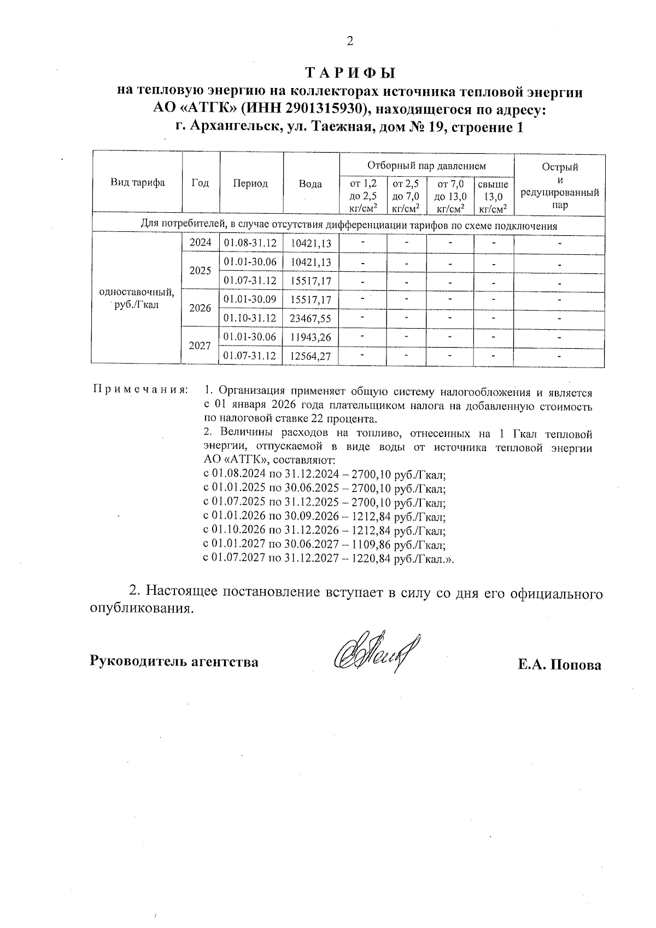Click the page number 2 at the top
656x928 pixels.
[x=350, y=41]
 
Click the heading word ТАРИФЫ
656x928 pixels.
[x=349, y=73]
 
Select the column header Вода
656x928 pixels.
[x=311, y=184]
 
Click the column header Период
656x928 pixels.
[x=251, y=184]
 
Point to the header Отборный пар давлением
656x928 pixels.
[x=426, y=165]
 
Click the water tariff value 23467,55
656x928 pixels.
[x=311, y=318]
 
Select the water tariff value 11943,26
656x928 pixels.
[x=311, y=337]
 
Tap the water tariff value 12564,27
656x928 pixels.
[x=311, y=357]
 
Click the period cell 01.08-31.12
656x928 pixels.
[x=251, y=243]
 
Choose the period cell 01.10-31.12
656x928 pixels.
[x=251, y=318]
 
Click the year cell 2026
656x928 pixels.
[x=200, y=308]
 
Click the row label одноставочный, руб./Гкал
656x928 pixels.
[x=137, y=299]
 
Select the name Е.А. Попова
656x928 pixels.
[x=559, y=665]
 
